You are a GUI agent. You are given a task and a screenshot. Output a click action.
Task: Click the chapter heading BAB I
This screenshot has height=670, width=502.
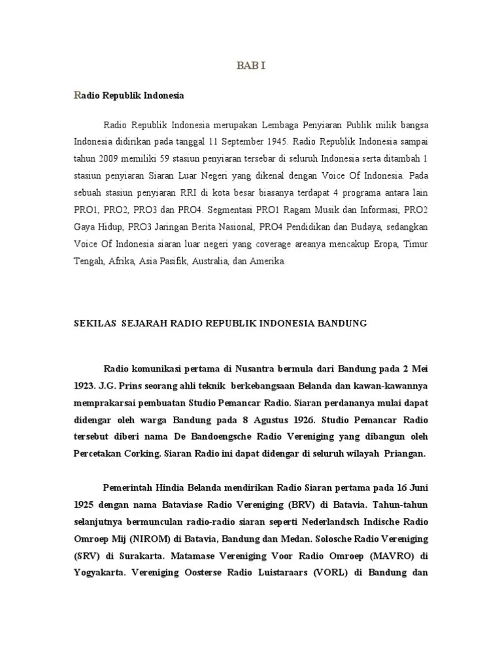251,66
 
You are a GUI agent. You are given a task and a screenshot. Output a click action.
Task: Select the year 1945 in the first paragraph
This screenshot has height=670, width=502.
275,141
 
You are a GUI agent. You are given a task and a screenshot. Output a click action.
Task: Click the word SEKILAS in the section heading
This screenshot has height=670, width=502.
93,323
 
